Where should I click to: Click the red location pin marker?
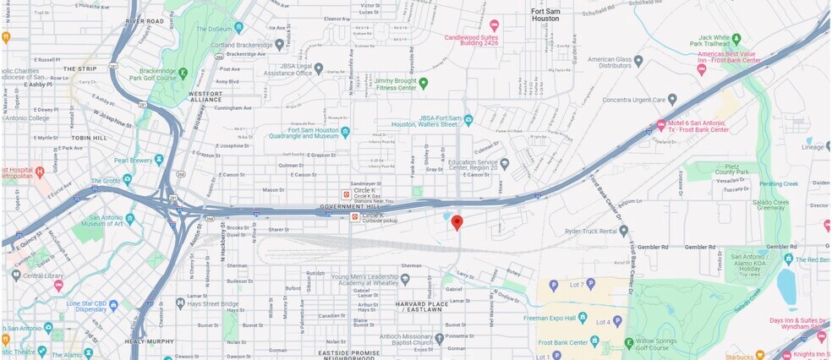click(457, 222)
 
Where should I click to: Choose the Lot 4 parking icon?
click(617, 321)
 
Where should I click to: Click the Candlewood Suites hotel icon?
click(495, 25)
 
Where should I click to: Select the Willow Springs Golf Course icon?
click(628, 342)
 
